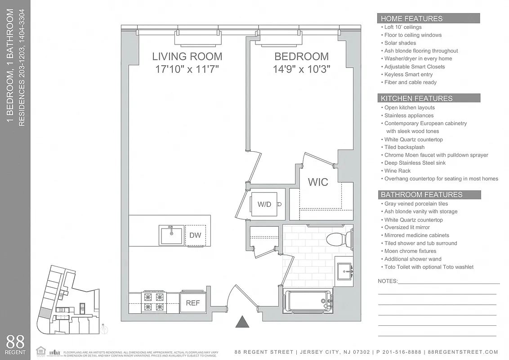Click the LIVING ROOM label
coord(187,57)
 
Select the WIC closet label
coord(318,182)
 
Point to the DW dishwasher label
coord(195,235)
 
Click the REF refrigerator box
coord(193,303)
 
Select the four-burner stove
coord(153,302)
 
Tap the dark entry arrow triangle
coord(242,322)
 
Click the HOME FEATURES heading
coord(411,18)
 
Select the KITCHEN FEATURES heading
coord(416,98)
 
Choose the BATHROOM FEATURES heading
coord(421,194)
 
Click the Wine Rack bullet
coord(397,171)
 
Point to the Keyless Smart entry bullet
coord(408,74)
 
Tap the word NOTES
coord(388,281)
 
